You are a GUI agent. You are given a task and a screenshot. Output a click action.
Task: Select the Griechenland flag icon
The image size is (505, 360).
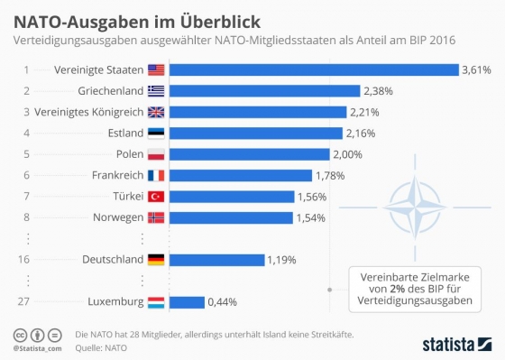coord(157,90)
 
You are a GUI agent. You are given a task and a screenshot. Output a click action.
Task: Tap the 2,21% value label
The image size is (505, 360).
coord(364,112)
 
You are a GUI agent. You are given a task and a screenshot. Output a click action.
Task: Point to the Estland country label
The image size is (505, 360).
coord(122,133)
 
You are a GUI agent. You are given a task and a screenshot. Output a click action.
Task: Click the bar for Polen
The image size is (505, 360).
coord(250,154)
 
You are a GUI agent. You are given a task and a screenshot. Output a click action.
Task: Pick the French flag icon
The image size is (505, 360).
coord(157,175)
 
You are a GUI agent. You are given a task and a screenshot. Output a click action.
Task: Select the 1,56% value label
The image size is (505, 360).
coord(312,196)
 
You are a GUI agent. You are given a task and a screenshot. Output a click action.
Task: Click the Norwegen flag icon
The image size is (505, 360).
coord(157,217)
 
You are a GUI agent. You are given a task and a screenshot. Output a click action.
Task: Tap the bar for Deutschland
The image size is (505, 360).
coord(216,260)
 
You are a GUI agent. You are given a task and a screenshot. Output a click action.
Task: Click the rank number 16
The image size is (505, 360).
coord(27,260)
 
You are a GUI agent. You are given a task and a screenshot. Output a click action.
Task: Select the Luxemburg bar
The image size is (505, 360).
coord(187,302)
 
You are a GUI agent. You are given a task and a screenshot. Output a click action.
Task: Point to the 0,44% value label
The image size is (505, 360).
coord(223,302)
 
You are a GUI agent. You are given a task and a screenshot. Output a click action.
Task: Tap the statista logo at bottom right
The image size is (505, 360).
coord(455,342)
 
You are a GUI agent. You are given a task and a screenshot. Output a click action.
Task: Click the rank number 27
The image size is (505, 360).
coord(27,302)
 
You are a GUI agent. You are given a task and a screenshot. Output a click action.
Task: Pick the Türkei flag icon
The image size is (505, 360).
coord(157,196)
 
